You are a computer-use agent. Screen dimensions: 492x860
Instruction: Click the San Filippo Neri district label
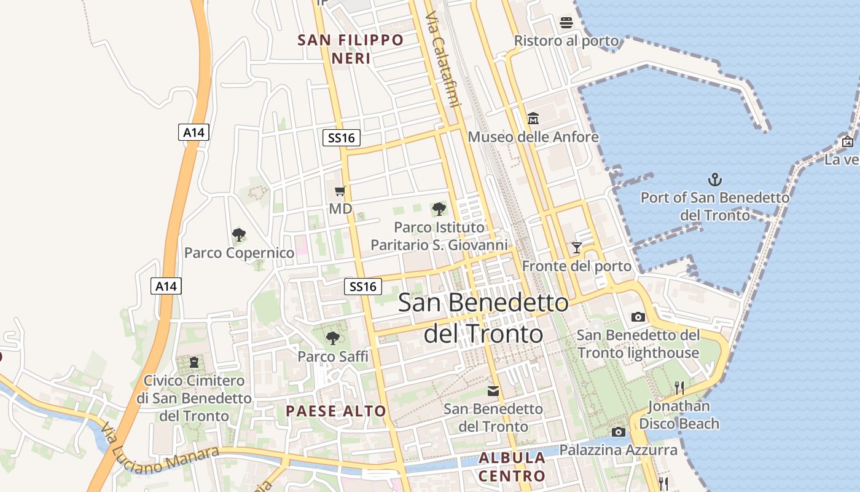tap(351, 49)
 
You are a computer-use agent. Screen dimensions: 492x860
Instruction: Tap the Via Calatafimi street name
tap(442, 58)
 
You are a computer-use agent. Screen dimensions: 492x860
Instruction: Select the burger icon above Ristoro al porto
tap(566, 23)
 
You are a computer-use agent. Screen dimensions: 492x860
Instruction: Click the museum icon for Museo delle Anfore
tap(533, 118)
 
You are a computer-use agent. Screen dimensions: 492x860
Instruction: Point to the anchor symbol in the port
tap(714, 180)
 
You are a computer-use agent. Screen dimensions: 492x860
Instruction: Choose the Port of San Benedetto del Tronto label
tap(714, 207)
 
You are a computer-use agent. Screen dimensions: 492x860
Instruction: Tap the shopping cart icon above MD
tap(340, 191)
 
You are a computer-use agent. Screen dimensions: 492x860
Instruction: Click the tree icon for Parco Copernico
tap(239, 234)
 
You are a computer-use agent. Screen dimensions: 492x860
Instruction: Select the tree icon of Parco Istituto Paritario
tap(439, 209)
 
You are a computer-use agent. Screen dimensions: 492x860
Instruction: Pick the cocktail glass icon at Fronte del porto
tap(576, 248)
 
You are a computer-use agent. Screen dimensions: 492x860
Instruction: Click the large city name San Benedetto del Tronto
tap(483, 318)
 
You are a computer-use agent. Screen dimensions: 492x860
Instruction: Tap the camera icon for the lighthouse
tap(638, 317)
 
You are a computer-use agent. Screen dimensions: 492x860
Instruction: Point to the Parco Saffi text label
tap(333, 357)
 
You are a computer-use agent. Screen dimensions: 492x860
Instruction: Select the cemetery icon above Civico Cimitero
tap(194, 362)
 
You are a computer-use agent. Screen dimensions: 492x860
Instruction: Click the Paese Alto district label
tap(336, 411)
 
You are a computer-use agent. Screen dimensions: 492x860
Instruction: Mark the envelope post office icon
tap(493, 391)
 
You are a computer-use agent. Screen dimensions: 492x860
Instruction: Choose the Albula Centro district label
tap(512, 467)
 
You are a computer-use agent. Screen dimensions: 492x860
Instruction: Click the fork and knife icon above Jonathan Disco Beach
tap(679, 387)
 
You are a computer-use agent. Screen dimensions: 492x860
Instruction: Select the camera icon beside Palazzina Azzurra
tap(619, 432)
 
